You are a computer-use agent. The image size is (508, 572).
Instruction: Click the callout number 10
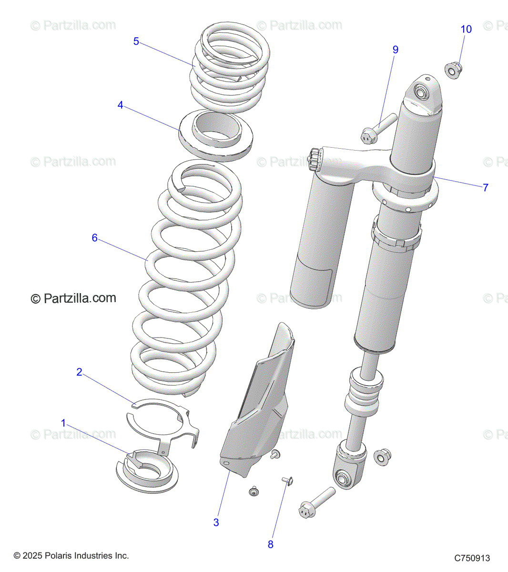tap(466, 30)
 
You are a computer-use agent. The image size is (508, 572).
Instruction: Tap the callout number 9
tap(395, 50)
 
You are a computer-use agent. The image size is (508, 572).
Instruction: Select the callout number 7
tap(485, 188)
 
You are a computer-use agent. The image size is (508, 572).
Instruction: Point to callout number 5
tap(136, 42)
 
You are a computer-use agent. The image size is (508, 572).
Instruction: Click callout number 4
tap(121, 105)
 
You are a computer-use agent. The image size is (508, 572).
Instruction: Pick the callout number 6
tap(94, 238)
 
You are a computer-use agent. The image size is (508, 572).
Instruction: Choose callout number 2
tap(79, 372)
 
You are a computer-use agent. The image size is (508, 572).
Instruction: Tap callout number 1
tap(63, 423)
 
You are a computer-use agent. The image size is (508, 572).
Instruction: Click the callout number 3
tap(216, 522)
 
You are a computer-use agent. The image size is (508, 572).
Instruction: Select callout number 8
tap(270, 544)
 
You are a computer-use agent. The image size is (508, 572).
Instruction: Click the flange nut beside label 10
tap(453, 70)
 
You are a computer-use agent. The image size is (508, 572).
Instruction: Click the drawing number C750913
tap(471, 558)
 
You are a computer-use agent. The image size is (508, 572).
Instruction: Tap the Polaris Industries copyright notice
tap(71, 556)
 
